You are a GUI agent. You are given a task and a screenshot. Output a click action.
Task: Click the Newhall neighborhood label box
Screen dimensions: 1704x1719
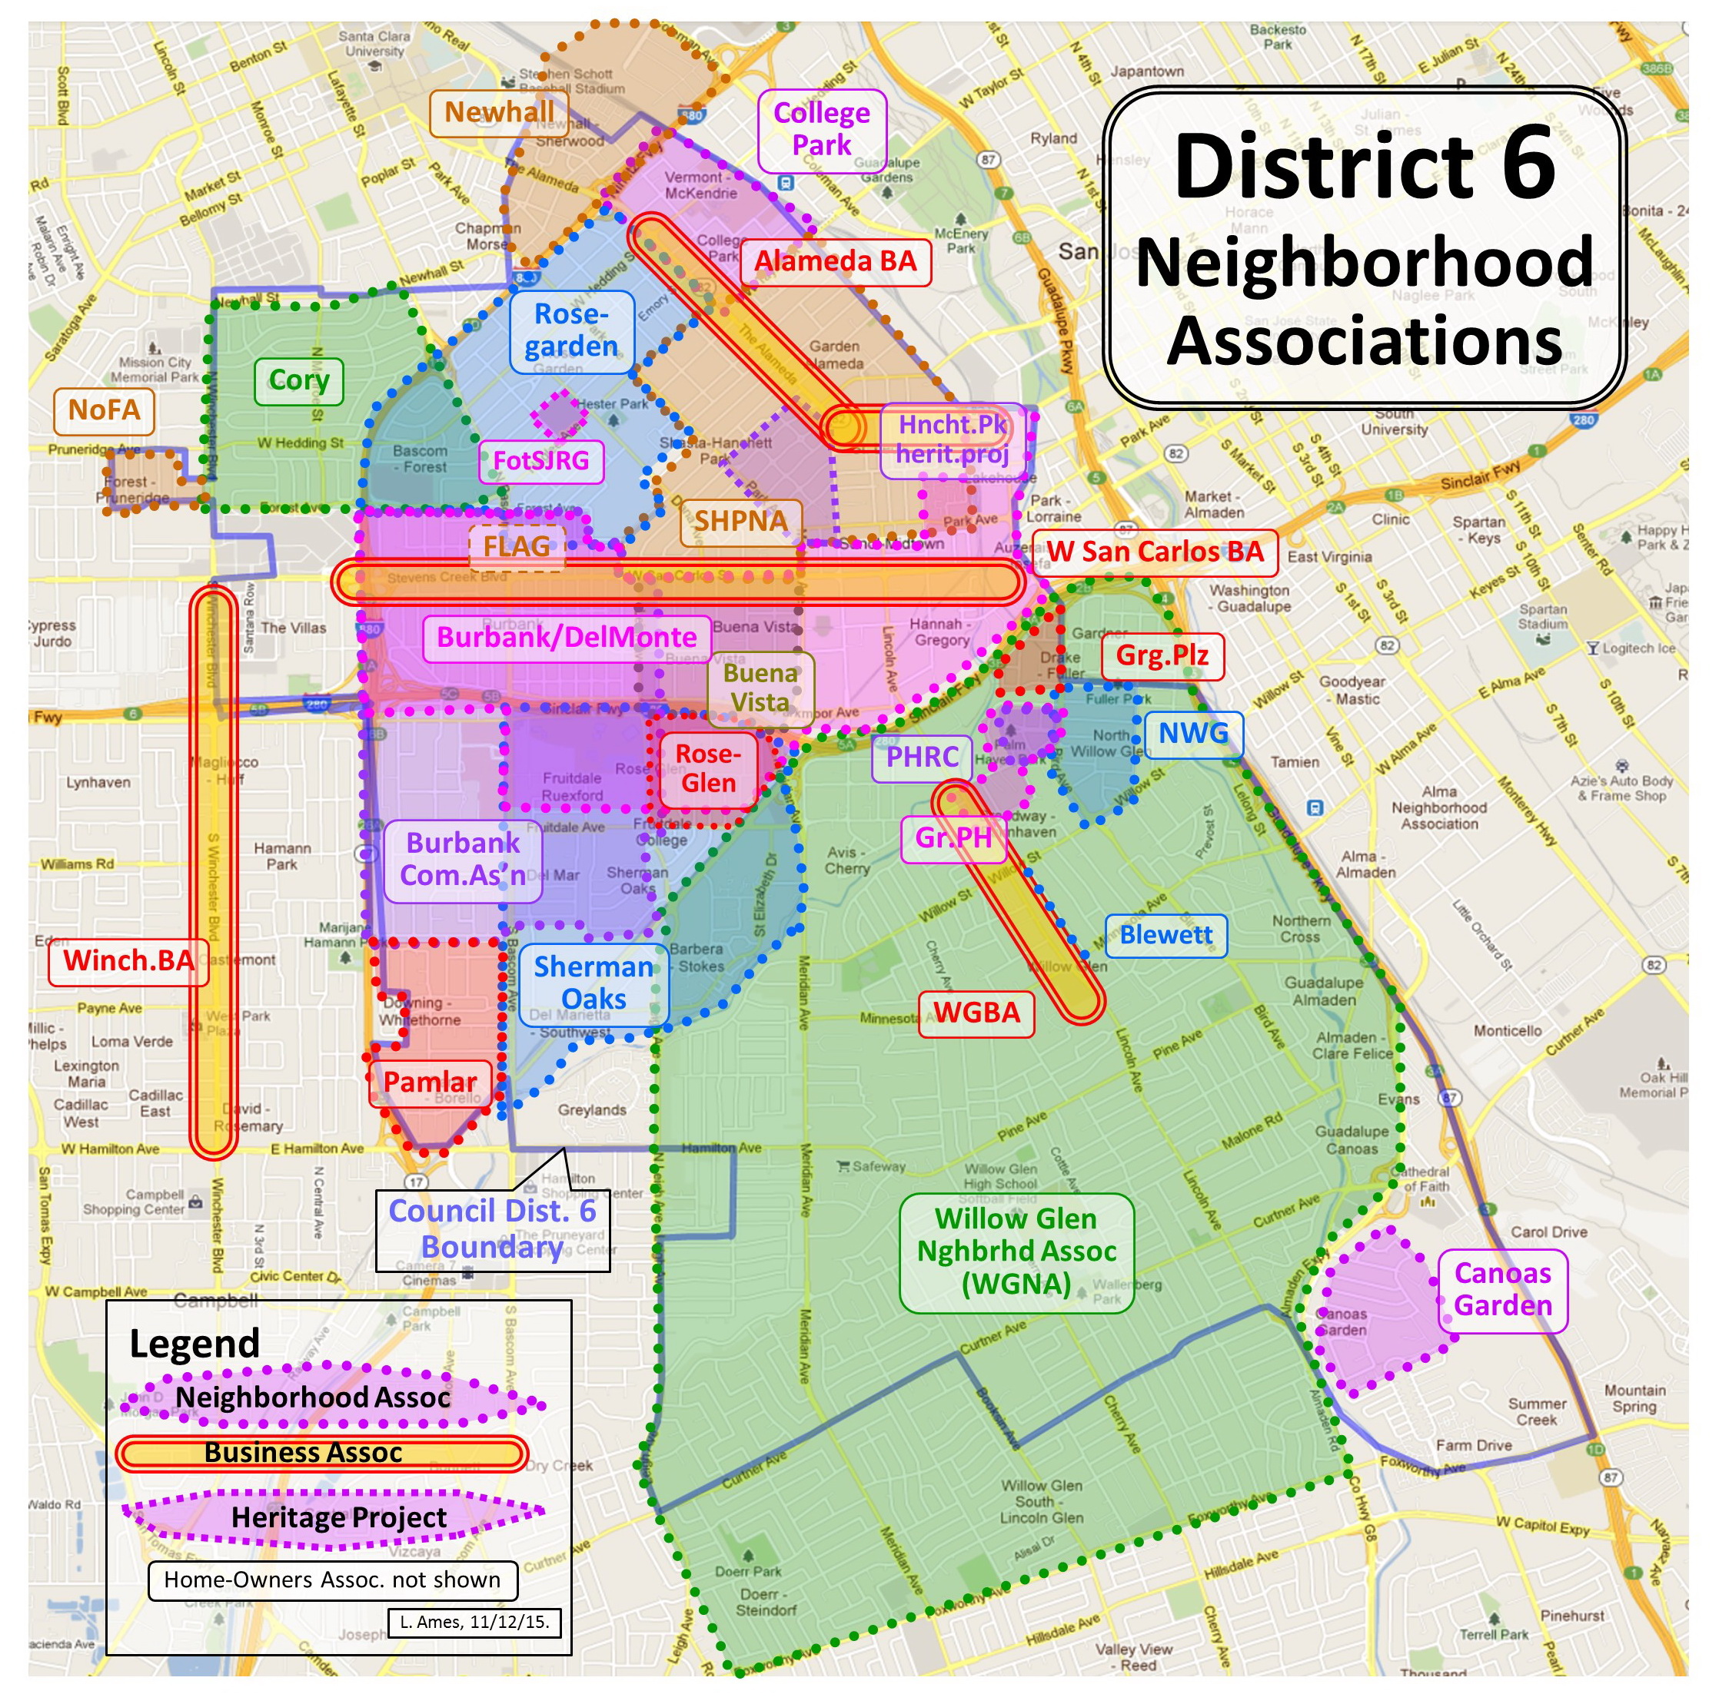(x=499, y=113)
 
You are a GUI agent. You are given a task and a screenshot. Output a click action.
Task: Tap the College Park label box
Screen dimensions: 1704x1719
(x=821, y=129)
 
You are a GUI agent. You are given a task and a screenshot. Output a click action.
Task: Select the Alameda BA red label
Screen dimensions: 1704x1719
(x=835, y=261)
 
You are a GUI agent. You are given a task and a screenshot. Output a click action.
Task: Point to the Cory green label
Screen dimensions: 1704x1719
(x=299, y=380)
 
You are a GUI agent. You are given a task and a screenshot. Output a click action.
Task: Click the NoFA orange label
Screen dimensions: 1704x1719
(x=104, y=410)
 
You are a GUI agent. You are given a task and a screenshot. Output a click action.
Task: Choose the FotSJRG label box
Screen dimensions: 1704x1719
(x=541, y=461)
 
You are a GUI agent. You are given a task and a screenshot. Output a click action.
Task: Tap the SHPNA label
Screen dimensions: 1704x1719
(x=740, y=521)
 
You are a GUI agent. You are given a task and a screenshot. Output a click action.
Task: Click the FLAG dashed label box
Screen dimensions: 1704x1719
(x=517, y=546)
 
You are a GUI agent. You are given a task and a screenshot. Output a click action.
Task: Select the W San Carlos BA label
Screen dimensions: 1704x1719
(x=1154, y=552)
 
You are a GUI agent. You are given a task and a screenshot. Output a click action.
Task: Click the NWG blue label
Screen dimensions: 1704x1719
(x=1192, y=734)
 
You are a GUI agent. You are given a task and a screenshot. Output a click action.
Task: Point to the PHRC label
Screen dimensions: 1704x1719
(x=922, y=757)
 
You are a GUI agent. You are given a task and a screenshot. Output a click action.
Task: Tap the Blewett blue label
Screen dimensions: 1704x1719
(x=1165, y=935)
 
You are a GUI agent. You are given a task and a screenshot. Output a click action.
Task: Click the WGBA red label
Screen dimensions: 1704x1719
(x=976, y=1013)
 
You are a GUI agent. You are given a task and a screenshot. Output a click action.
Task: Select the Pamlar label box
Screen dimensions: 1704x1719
(x=430, y=1082)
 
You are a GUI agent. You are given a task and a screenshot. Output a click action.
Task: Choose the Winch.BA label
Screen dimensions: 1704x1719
(x=128, y=960)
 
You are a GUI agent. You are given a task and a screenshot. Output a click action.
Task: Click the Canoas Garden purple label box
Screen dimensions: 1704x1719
(x=1502, y=1290)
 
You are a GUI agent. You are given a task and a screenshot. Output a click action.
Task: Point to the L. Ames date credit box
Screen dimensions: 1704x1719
(x=474, y=1621)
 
